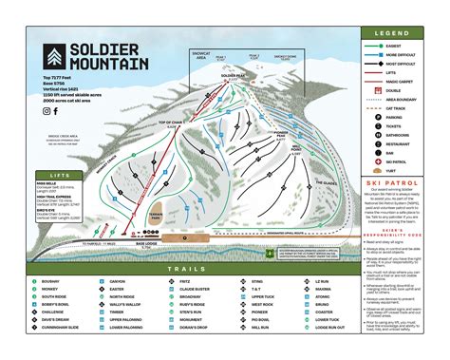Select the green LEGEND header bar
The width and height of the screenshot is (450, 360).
398,32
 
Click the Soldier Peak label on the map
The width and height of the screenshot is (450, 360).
233,75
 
